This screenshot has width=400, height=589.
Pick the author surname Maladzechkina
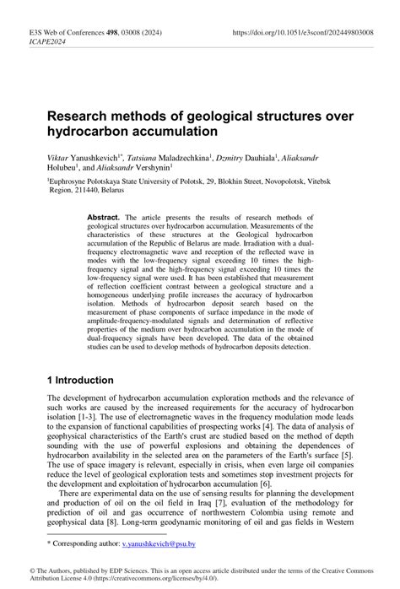click(x=191, y=157)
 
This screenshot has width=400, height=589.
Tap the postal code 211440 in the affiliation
click(x=92, y=191)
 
